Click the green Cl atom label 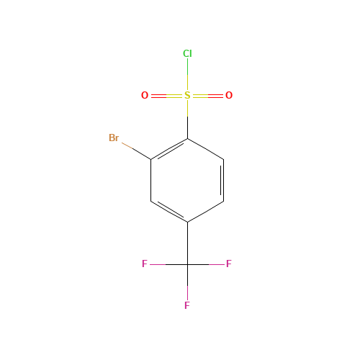coord(187,53)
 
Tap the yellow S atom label coord(187,95)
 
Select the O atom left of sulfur coord(145,95)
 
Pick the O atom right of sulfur coord(229,95)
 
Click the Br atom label coord(114,138)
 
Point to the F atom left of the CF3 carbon coord(145,264)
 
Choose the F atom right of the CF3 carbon coord(229,264)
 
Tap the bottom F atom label coord(187,305)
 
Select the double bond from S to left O coord(166,96)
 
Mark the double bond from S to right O coord(208,96)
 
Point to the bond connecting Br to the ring coord(136,151)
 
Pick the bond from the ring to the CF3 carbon coord(187,243)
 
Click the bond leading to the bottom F coord(187,282)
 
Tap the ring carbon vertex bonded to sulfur coord(187,138)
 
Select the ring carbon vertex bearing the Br coord(151,159)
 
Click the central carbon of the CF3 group coord(187,264)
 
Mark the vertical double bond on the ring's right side coord(222,180)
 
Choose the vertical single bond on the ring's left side coord(151,180)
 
